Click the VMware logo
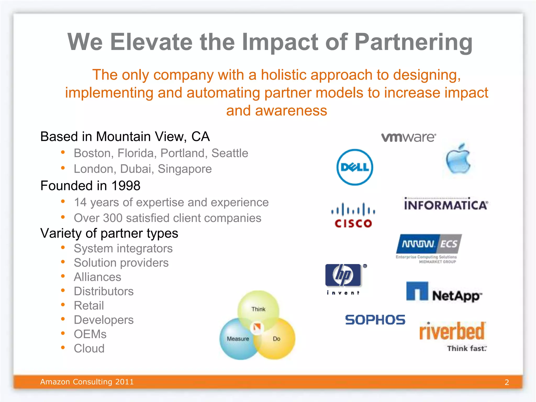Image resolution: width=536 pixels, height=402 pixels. (x=409, y=137)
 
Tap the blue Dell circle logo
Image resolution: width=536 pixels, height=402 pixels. (x=355, y=167)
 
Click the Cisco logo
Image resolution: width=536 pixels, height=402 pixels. (x=353, y=215)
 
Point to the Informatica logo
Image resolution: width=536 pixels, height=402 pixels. (x=446, y=204)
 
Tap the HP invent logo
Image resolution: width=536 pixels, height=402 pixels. (x=343, y=278)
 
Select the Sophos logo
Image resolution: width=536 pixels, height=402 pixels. (x=375, y=320)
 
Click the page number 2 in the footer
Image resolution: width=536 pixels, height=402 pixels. (x=507, y=382)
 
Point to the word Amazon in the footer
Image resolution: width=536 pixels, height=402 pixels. (x=55, y=382)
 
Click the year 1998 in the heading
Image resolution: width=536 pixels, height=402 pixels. (x=126, y=186)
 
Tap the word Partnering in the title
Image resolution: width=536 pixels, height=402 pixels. (x=414, y=42)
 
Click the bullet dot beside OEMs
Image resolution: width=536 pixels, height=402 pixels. (x=63, y=333)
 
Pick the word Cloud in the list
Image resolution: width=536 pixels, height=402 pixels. (x=89, y=349)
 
